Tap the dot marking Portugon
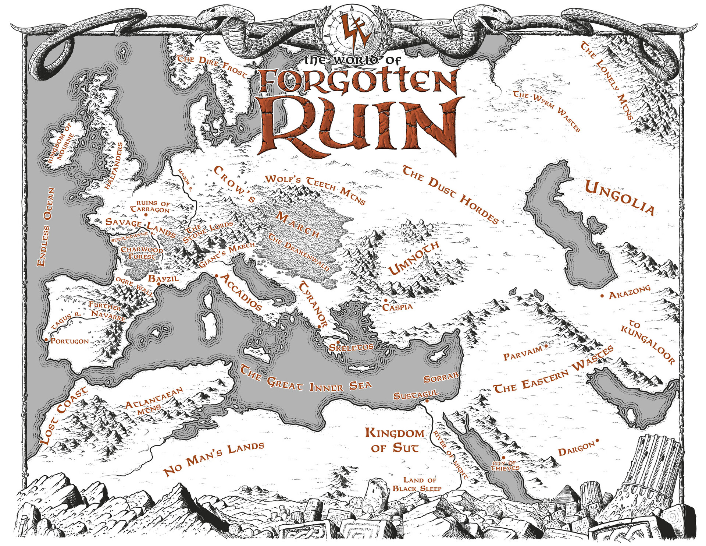tap(46, 340)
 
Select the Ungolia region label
tap(620, 197)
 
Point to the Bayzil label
tap(163, 279)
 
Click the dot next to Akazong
tap(602, 296)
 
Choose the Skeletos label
tap(351, 347)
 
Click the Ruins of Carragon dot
tap(146, 214)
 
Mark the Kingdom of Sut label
tap(395, 440)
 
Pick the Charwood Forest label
tap(142, 253)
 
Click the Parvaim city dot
tap(546, 346)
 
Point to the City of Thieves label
tap(506, 466)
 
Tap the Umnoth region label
tap(414, 258)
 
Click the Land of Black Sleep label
tap(417, 484)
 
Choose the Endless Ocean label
tap(46, 227)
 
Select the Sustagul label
tap(416, 395)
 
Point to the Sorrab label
tap(441, 378)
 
